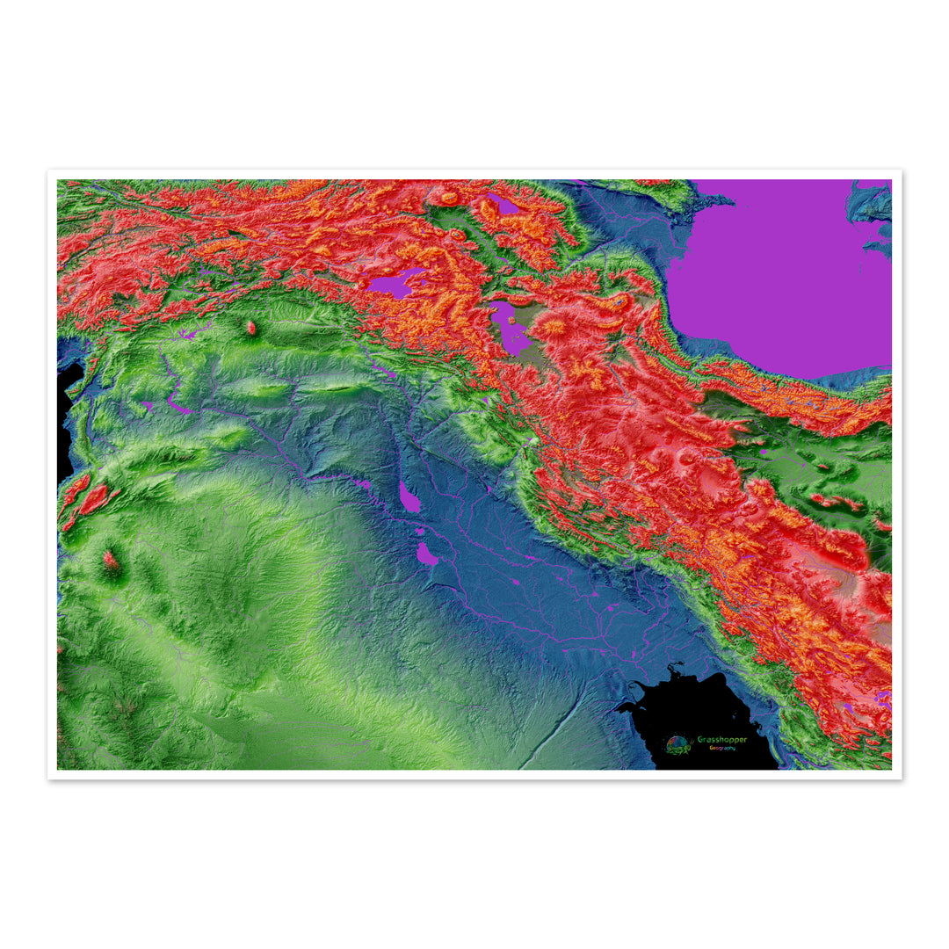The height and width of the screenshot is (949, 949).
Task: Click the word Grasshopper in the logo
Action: click(x=721, y=739)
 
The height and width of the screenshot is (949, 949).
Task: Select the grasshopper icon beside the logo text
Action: click(x=677, y=745)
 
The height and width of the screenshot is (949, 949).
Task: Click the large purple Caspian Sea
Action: click(x=782, y=272)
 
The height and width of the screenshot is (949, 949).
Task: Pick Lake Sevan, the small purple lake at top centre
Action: click(x=503, y=204)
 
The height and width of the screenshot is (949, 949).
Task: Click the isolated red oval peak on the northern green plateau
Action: click(x=250, y=328)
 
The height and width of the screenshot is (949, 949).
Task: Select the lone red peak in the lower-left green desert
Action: click(x=110, y=560)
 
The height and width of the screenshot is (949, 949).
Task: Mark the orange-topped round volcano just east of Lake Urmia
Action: click(x=554, y=329)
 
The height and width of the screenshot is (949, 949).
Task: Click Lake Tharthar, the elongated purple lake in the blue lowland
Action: click(x=409, y=497)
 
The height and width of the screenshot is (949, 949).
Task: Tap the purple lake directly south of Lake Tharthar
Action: click(x=427, y=554)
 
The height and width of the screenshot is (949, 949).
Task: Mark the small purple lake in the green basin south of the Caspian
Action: click(x=763, y=453)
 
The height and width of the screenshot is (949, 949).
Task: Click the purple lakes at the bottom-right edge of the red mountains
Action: click(x=881, y=699)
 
